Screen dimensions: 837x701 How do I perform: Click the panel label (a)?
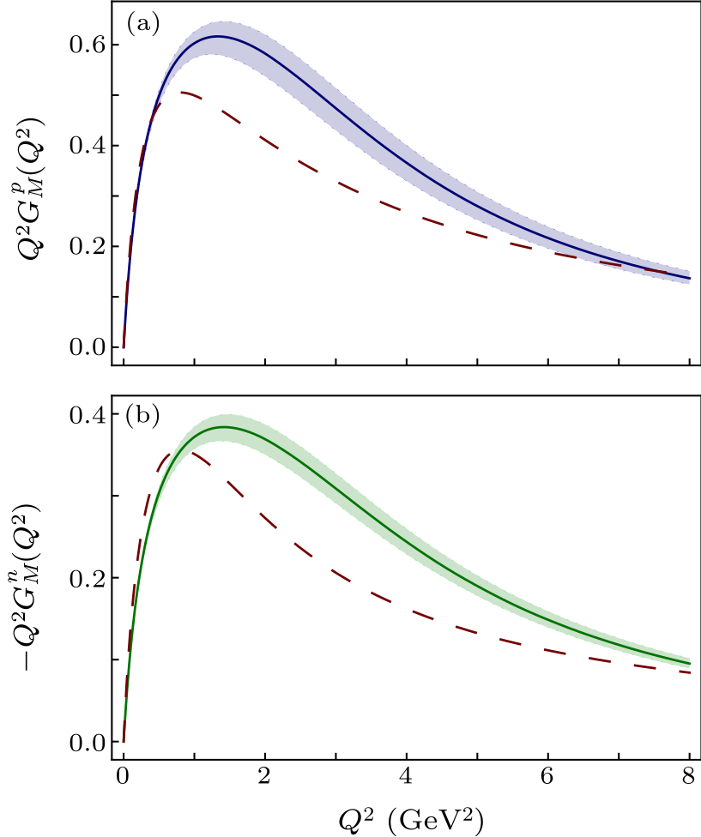(143, 24)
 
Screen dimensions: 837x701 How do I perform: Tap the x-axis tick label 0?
(124, 779)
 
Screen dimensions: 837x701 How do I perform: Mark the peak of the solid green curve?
(224, 426)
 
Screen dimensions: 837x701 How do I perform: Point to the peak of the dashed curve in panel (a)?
(181, 91)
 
